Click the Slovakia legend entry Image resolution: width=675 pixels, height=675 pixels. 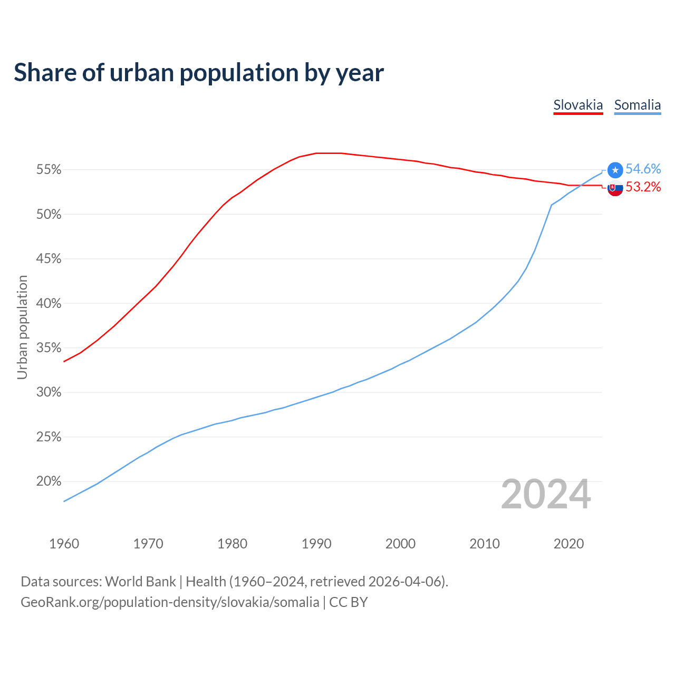click(578, 105)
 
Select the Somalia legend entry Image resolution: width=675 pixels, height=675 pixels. click(637, 105)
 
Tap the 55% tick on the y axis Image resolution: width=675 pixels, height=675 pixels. click(49, 170)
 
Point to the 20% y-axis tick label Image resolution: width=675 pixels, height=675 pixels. click(49, 481)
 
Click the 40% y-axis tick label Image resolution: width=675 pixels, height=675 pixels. click(49, 304)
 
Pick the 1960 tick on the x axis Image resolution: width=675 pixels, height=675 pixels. click(64, 544)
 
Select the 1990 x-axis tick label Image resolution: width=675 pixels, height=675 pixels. click(316, 544)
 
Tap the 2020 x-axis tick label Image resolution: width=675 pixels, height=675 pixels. click(568, 544)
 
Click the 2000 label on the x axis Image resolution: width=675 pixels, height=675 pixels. click(400, 544)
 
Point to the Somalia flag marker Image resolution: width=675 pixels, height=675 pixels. click(615, 170)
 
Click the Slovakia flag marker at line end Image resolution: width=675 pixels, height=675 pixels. click(615, 188)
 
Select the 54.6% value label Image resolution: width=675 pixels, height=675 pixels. click(643, 169)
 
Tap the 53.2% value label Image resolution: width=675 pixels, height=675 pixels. click(643, 187)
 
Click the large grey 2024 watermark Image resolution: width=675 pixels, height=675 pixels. click(546, 495)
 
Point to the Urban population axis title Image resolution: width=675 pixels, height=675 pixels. click(22, 327)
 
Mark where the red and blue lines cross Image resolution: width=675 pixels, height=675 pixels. click(581, 185)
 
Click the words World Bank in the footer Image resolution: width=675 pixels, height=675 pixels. click(140, 582)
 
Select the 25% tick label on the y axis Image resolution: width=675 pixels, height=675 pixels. click(49, 437)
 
